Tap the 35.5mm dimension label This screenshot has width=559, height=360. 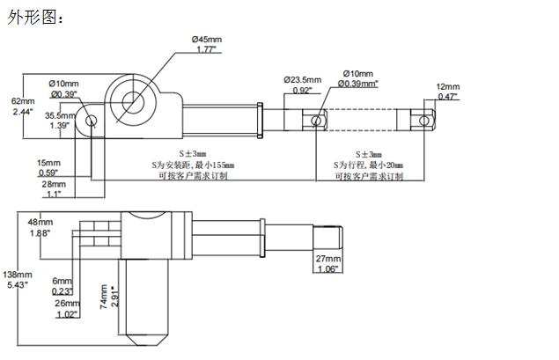click(61, 115)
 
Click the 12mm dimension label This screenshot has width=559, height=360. click(448, 86)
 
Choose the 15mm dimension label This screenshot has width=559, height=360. click(48, 163)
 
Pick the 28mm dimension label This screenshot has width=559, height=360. click(54, 185)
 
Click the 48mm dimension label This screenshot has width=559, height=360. click(40, 221)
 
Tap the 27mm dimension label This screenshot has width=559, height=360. click(327, 260)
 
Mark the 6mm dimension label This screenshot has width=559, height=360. click(62, 280)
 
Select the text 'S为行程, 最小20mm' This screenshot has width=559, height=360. click(368, 165)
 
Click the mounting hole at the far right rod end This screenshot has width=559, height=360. click(425, 120)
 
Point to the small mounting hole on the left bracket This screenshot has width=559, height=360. click(91, 121)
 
